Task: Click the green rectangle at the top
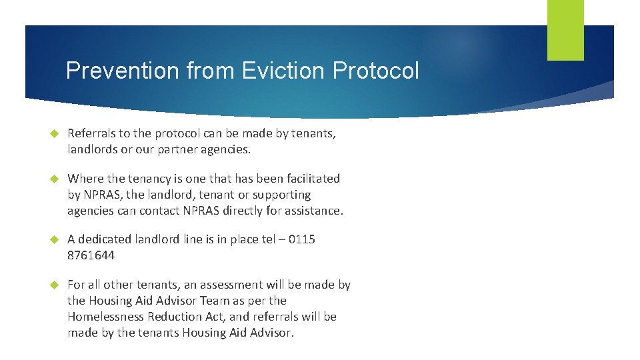coord(565,30)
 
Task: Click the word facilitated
coord(309,179)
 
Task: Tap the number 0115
coord(301,239)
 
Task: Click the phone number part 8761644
coord(91,255)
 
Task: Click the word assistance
coord(313,211)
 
